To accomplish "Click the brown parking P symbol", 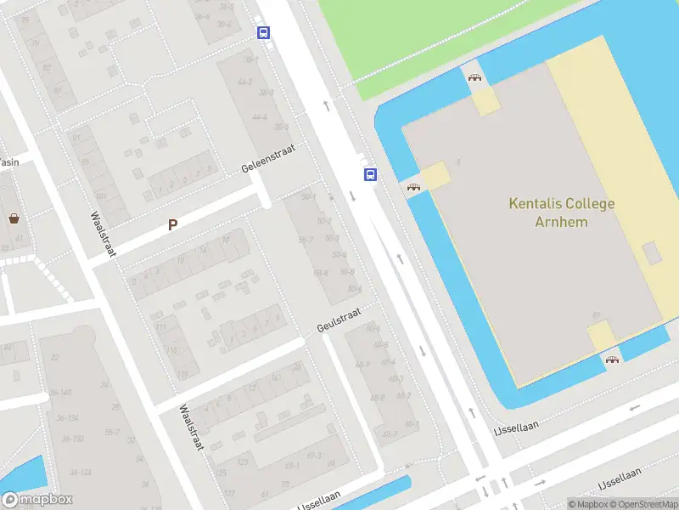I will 173,225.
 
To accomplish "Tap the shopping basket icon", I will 14,218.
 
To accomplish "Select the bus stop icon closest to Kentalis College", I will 370,174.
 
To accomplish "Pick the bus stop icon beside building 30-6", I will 264,33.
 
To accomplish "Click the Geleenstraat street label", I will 268,158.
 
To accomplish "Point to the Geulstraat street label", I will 339,320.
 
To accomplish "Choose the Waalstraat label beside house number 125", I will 191,428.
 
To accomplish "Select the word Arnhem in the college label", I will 561,222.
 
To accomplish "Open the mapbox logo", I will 37,500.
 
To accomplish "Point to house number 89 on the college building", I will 595,314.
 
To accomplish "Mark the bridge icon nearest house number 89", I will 612,360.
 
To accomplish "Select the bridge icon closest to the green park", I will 475,79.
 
